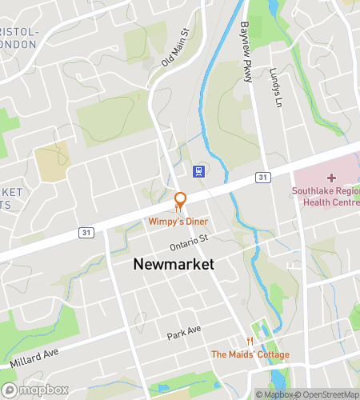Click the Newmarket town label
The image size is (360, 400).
pos(174,264)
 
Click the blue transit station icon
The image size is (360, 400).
pos(198,170)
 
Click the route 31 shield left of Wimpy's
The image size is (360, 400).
pos(86,232)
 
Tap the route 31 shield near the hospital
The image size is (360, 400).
pos(262,176)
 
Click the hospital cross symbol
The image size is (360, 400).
pos(331,177)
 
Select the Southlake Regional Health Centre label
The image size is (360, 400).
pos(325,196)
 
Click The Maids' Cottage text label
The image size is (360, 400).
pos(250,354)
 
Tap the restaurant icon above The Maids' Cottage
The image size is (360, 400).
pos(250,341)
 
